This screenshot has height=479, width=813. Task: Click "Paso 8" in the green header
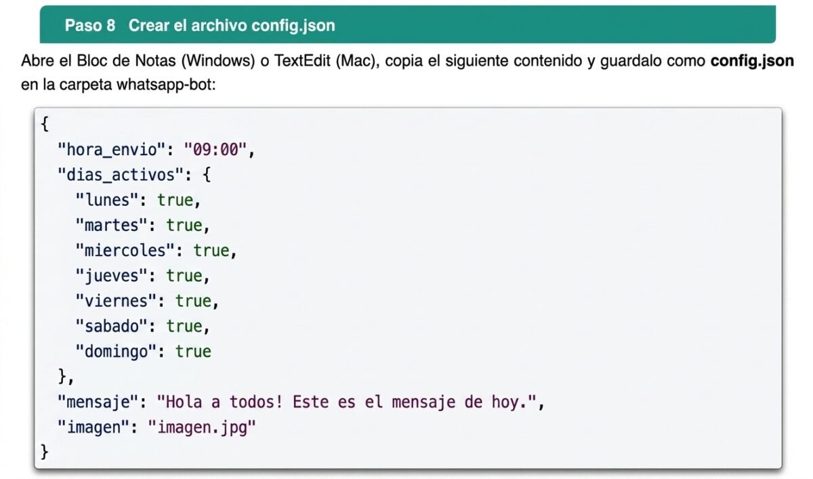coord(90,25)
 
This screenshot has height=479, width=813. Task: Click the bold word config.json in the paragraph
coord(752,61)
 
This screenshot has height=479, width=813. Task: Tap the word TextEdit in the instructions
coord(302,60)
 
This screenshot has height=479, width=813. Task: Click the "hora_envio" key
coord(112,150)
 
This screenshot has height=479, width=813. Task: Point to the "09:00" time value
coord(215,150)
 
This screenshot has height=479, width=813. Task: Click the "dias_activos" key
coord(121,175)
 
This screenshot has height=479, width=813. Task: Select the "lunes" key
coord(107,200)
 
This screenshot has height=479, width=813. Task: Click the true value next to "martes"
coord(184,226)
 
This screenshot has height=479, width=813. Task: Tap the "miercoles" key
coord(125,251)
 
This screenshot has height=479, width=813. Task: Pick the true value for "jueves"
coord(184,276)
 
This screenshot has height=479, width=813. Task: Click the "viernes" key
coord(116,301)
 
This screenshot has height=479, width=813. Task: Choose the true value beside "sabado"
coord(184,327)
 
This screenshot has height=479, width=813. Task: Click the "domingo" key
coord(116,352)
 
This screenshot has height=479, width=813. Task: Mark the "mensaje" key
coord(98,402)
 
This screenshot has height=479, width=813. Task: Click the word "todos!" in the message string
coord(256,402)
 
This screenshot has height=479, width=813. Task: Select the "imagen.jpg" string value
coord(202,427)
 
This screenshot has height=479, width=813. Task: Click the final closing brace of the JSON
coord(45,452)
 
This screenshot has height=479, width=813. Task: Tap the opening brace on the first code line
coord(45,124)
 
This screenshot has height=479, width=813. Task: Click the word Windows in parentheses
coord(218,60)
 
